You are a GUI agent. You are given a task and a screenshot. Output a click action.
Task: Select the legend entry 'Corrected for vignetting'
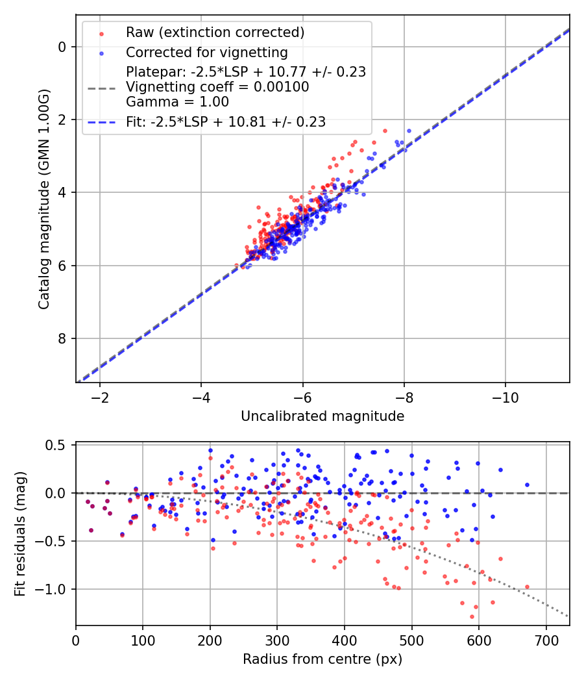206,52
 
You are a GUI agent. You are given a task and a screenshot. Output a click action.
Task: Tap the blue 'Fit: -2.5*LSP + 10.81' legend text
226,121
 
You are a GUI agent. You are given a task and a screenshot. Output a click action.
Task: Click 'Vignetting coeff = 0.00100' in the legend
217,87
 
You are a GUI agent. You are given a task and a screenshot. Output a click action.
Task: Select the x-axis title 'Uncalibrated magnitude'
322,416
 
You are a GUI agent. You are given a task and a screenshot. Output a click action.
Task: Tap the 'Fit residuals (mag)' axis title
20,534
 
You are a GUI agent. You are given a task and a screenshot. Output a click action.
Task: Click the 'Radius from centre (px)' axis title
322,659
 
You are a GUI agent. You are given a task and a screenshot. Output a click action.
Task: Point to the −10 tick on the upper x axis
505,398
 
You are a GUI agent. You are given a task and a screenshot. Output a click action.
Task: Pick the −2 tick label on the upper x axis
100,398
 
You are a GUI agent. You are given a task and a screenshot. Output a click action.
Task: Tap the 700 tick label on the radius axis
546,640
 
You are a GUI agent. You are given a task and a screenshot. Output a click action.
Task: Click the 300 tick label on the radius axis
277,640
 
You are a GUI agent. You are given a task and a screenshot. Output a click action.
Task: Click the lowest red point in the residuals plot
472,616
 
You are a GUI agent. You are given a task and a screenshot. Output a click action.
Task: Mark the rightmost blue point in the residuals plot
527,485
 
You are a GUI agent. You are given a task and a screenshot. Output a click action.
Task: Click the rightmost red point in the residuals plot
527,587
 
